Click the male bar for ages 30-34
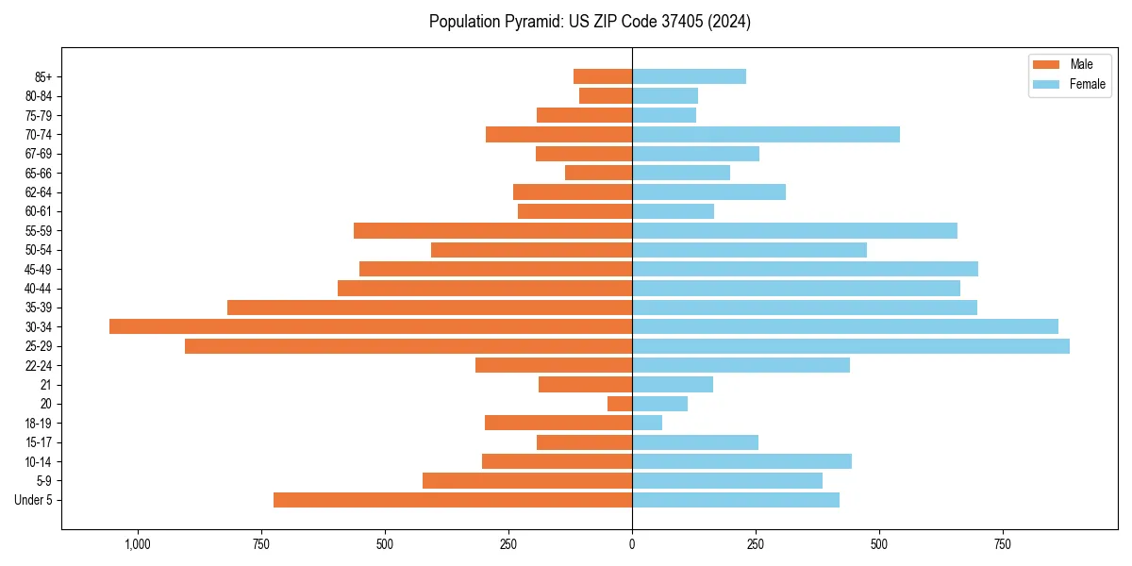[371, 326]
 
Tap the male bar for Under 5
[453, 500]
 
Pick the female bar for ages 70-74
[766, 134]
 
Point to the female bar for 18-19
[647, 423]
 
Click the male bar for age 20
[620, 404]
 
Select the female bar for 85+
[689, 76]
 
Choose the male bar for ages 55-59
[492, 230]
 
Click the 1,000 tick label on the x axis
[138, 544]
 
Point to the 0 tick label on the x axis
[632, 544]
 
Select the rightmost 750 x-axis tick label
[1002, 544]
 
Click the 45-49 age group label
[39, 269]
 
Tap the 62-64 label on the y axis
[39, 192]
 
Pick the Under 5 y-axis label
[34, 500]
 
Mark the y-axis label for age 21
[46, 385]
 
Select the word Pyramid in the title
[530, 22]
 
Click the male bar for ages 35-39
[429, 308]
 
